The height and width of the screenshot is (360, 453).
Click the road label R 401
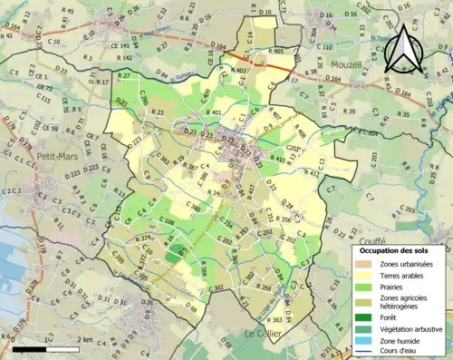click(214, 112)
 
